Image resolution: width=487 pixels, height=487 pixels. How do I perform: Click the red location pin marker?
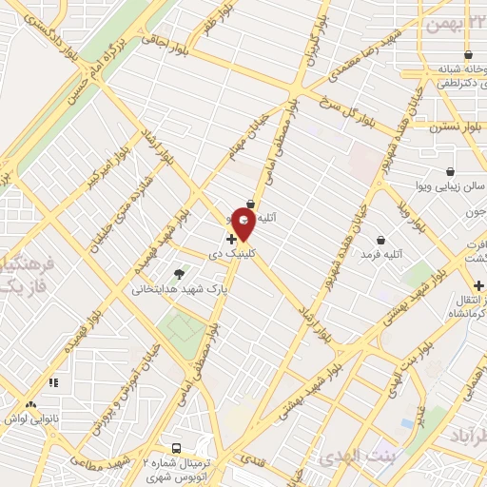pos(243,224)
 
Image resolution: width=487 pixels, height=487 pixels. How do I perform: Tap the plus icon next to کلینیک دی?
pos(231,240)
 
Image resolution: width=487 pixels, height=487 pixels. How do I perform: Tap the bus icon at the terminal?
pos(176,447)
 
